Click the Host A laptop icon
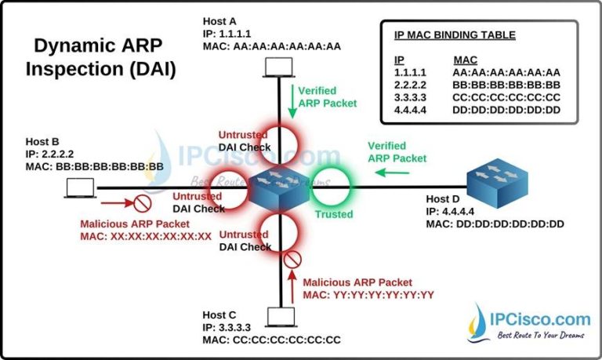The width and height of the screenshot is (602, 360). (277, 72)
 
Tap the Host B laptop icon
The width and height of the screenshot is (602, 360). (81, 187)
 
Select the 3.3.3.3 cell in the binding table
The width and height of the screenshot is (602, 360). (412, 97)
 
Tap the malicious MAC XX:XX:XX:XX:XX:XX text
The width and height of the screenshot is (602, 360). (146, 235)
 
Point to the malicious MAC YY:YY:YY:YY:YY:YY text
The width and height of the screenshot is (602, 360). (368, 295)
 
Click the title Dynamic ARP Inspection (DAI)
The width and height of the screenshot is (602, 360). (101, 57)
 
